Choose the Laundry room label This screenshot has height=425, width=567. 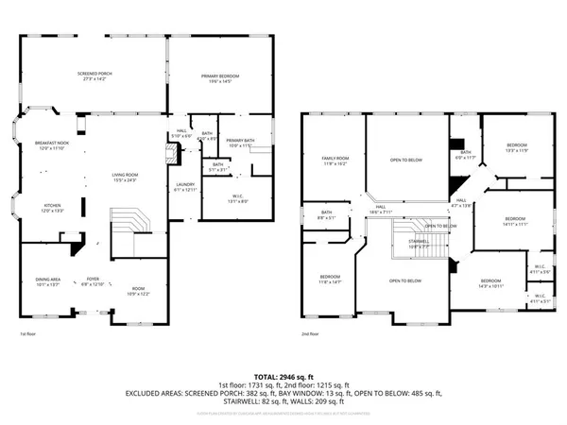pyautogui.click(x=184, y=187)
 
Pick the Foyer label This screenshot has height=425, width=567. pyautogui.click(x=94, y=280)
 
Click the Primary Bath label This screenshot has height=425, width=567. pyautogui.click(x=237, y=143)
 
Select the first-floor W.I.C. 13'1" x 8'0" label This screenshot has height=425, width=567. pyautogui.click(x=237, y=198)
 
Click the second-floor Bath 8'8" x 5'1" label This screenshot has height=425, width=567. pyautogui.click(x=327, y=214)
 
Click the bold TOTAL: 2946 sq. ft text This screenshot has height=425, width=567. pyautogui.click(x=283, y=376)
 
